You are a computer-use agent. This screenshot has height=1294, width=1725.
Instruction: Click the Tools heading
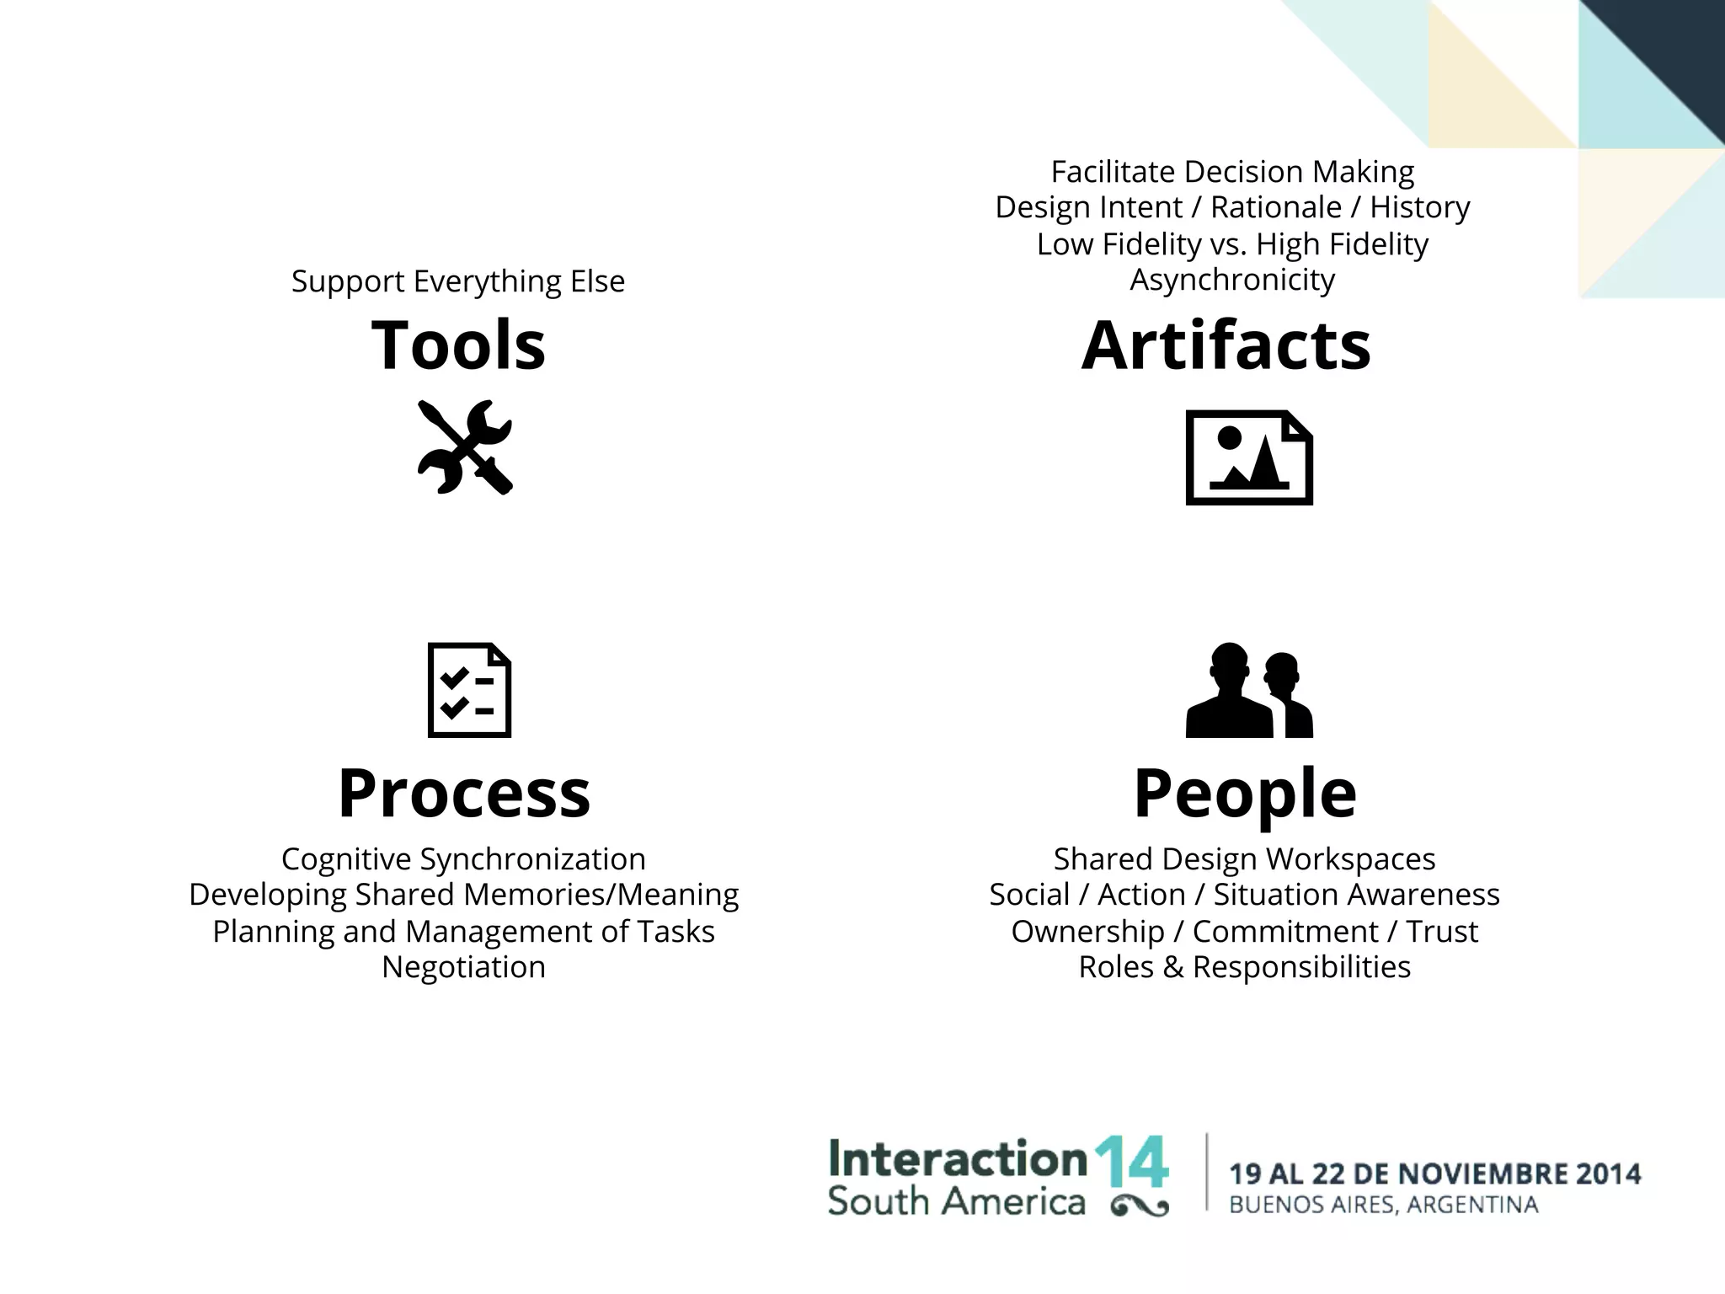pyautogui.click(x=458, y=345)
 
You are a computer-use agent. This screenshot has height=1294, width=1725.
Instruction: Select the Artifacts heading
pyautogui.click(x=1226, y=345)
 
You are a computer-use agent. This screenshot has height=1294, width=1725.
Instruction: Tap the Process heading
pyautogui.click(x=464, y=793)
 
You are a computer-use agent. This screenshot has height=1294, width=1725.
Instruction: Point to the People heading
pyautogui.click(x=1245, y=793)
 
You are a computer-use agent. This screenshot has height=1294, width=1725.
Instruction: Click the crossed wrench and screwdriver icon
pyautogui.click(x=465, y=446)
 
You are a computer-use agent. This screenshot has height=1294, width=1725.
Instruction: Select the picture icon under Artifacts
pyautogui.click(x=1248, y=457)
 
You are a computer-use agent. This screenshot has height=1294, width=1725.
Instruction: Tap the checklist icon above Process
pyautogui.click(x=469, y=690)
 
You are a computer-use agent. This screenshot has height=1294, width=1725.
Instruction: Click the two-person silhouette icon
pyautogui.click(x=1248, y=690)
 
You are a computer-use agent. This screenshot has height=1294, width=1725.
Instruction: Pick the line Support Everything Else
pyautogui.click(x=458, y=281)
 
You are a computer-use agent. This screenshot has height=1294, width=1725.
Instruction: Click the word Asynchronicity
pyautogui.click(x=1232, y=279)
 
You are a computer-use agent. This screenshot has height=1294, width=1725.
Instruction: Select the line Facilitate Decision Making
pyautogui.click(x=1232, y=171)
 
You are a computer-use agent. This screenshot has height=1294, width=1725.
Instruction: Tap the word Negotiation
pyautogui.click(x=464, y=966)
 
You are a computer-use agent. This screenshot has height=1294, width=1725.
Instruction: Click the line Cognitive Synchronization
pyautogui.click(x=464, y=858)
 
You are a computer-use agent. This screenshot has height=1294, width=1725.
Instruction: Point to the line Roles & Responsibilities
pyautogui.click(x=1245, y=966)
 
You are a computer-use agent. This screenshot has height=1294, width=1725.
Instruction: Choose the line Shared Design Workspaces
pyautogui.click(x=1245, y=858)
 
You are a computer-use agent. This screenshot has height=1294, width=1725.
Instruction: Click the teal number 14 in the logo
pyautogui.click(x=1131, y=1162)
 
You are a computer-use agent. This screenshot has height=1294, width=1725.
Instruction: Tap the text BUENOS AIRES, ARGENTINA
pyautogui.click(x=1384, y=1205)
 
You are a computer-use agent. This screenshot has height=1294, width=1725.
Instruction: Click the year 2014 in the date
pyautogui.click(x=1608, y=1174)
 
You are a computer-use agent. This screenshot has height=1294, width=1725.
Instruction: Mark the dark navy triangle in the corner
pyautogui.click(x=1672, y=59)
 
